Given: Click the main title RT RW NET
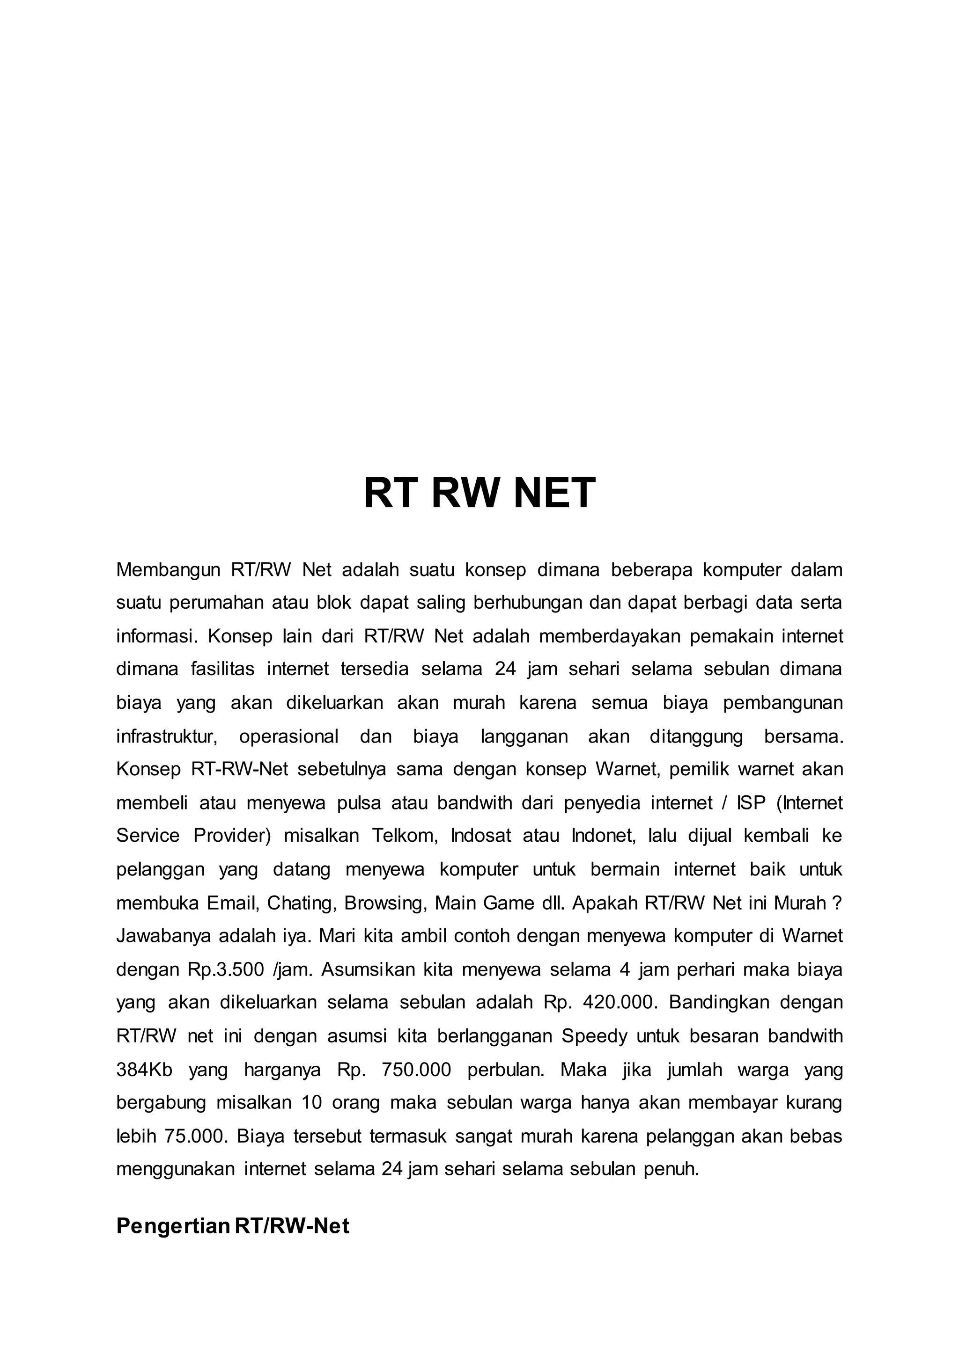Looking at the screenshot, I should [479, 493].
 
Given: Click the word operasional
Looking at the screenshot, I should [289, 736].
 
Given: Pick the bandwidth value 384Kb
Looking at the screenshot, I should [144, 1070].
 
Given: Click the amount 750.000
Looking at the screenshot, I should [416, 1070].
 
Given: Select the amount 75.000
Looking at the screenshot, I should [195, 1136].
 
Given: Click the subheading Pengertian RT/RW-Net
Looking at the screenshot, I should [233, 1226].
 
